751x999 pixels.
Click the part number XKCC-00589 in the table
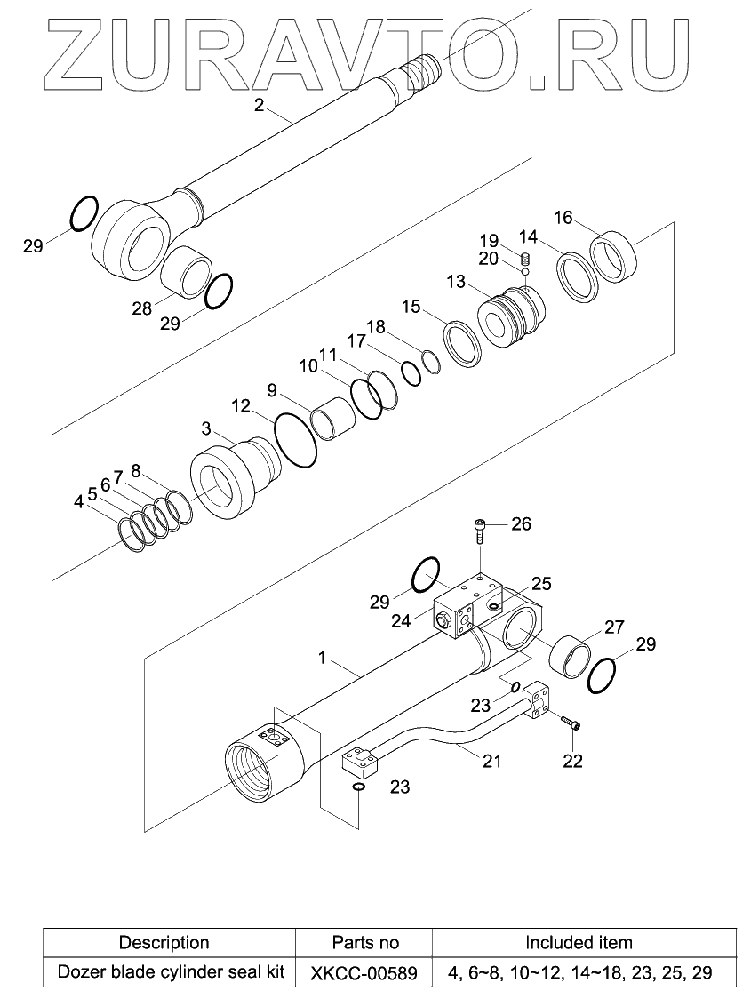point(364,972)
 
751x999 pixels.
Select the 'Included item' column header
point(579,942)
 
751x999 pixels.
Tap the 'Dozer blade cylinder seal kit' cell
point(171,971)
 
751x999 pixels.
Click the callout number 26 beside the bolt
point(521,524)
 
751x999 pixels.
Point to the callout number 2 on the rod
point(259,105)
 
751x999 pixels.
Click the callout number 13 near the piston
point(455,282)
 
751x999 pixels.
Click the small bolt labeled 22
point(571,726)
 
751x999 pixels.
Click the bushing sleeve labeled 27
point(568,658)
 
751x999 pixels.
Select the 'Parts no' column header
point(364,942)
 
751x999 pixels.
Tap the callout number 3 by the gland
point(205,428)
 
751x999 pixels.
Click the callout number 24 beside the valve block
point(401,620)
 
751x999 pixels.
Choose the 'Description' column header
point(164,942)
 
